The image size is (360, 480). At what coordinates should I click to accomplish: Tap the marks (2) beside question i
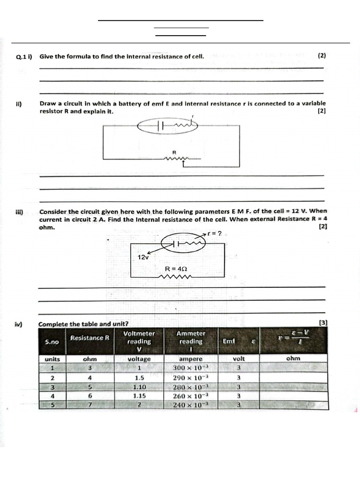(322, 55)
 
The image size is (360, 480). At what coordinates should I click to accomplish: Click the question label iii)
(20, 211)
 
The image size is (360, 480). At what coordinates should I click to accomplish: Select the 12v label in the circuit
(143, 257)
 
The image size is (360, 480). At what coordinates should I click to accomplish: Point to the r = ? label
(217, 233)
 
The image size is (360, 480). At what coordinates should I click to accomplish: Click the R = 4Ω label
(176, 269)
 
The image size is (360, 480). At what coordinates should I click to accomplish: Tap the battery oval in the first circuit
(167, 125)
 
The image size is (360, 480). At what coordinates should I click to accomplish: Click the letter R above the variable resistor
(174, 152)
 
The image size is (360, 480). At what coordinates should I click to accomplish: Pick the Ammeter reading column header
(191, 337)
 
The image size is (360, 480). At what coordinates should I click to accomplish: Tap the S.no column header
(52, 342)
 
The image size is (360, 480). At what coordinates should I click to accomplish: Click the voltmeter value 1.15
(139, 396)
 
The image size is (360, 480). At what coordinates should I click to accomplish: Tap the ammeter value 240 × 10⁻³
(191, 405)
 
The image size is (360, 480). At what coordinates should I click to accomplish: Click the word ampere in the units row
(191, 359)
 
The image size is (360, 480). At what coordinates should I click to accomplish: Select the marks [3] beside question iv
(322, 322)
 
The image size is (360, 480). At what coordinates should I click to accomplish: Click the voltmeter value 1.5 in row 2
(139, 377)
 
